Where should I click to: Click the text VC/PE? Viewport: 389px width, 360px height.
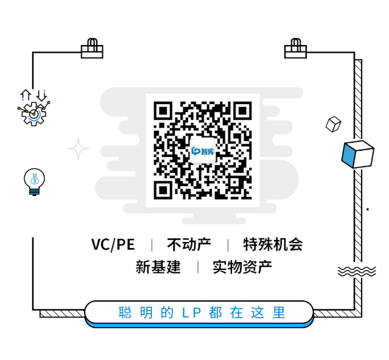(113, 244)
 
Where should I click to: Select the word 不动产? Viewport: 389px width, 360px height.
(189, 244)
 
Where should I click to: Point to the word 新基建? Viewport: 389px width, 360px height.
(158, 267)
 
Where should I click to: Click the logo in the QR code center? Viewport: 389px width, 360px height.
(203, 150)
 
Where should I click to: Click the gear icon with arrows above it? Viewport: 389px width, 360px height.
(34, 109)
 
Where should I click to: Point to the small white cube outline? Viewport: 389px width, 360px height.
(333, 123)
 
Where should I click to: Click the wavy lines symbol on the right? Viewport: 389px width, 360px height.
(356, 271)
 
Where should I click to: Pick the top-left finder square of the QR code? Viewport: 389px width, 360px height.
(163, 111)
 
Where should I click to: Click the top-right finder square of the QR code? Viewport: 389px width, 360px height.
(242, 111)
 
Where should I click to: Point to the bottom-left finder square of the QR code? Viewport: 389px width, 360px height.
(163, 189)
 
